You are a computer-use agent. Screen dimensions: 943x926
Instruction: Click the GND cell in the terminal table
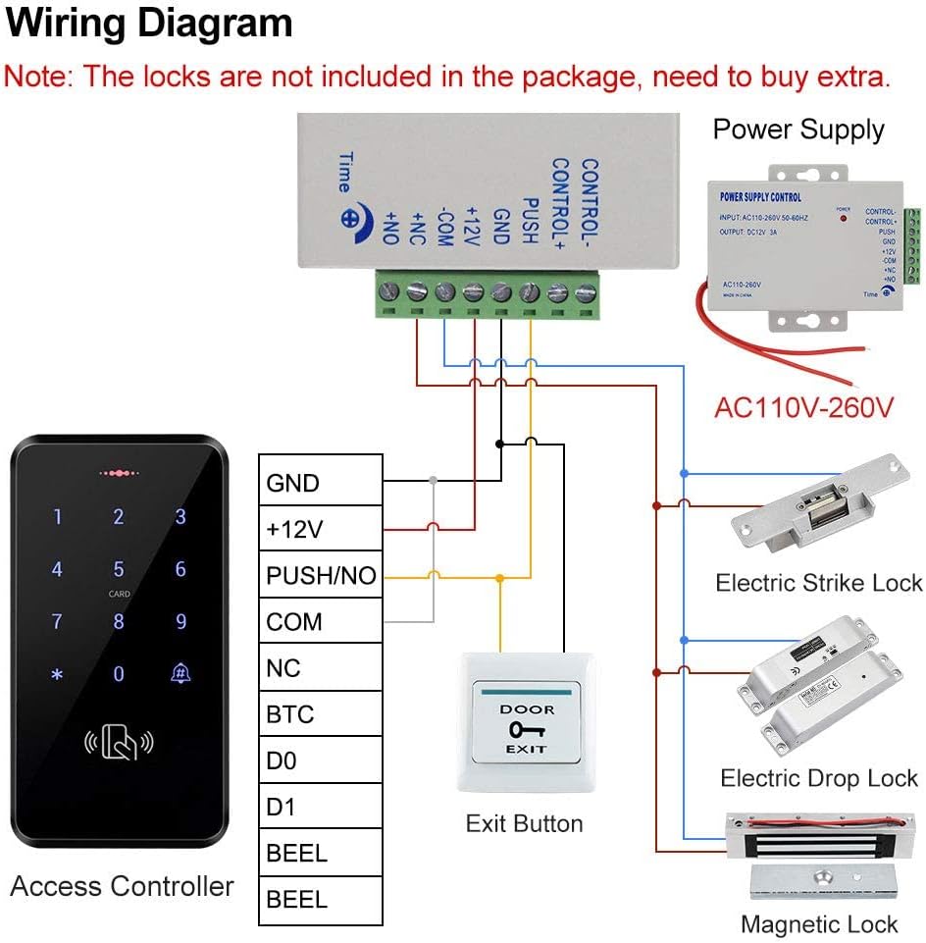(x=320, y=483)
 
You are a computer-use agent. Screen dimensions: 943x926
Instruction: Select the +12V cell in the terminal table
(x=320, y=530)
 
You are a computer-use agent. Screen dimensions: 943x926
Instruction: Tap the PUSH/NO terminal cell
(x=320, y=576)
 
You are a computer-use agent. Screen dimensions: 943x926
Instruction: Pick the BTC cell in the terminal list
(x=320, y=714)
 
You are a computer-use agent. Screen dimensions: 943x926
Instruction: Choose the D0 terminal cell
(x=320, y=760)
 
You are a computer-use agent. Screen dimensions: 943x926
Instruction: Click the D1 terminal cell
(x=320, y=807)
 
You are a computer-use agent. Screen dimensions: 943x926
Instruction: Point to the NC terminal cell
(x=320, y=668)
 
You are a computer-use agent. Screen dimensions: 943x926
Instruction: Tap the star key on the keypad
(x=57, y=674)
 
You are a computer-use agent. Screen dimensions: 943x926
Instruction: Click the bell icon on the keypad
(x=180, y=674)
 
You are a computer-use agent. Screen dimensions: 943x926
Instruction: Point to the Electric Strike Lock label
(x=819, y=583)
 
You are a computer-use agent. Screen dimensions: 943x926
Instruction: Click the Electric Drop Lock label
(x=819, y=778)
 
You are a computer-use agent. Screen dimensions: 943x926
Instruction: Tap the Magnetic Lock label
(x=819, y=923)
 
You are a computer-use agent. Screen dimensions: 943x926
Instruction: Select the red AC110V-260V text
(x=804, y=406)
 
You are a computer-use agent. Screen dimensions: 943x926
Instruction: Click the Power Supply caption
(x=798, y=130)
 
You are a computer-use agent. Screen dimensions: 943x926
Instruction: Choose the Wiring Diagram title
(x=149, y=24)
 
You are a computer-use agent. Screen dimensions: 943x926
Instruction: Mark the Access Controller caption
(x=122, y=886)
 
